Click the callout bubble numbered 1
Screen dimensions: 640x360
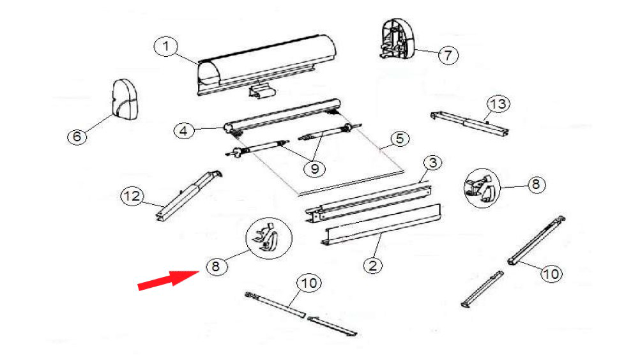[165, 47]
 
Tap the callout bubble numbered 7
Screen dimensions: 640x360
[448, 55]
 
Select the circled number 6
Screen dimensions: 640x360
[77, 136]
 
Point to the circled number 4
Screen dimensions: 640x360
[184, 131]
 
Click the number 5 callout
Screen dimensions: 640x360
[400, 139]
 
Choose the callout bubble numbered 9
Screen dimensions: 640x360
[315, 168]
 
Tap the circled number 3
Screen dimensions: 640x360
[432, 163]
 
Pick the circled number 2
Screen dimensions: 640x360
[372, 266]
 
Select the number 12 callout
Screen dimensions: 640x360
[132, 196]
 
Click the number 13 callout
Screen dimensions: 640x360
[498, 105]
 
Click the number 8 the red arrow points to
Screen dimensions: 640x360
[216, 267]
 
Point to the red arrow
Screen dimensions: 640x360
[169, 280]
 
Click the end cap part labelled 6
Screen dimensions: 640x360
[125, 100]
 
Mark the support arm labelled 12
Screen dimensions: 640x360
[188, 196]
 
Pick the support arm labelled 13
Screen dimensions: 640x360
[470, 124]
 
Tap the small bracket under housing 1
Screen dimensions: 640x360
[262, 91]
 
